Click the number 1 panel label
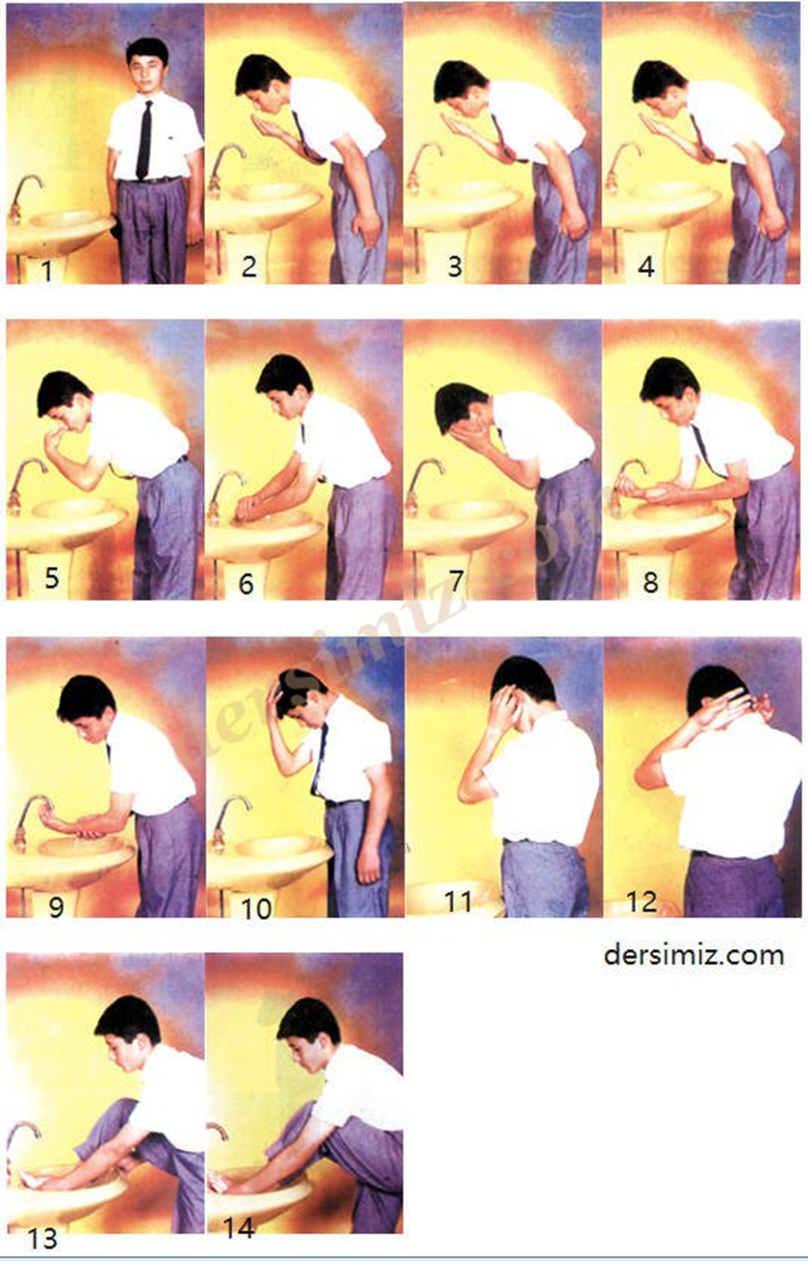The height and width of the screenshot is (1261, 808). [x=47, y=271]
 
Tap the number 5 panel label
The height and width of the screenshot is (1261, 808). [x=52, y=578]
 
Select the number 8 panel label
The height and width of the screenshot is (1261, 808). [x=650, y=582]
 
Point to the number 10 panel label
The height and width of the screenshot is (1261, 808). [x=256, y=908]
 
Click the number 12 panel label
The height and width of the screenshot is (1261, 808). [x=641, y=902]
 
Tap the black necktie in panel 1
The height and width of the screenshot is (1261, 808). [x=144, y=140]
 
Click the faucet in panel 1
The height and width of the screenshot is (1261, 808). [x=24, y=197]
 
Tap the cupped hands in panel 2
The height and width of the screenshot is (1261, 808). [x=269, y=126]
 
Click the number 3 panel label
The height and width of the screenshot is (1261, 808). [x=455, y=266]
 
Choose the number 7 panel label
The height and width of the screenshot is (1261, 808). [x=456, y=580]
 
